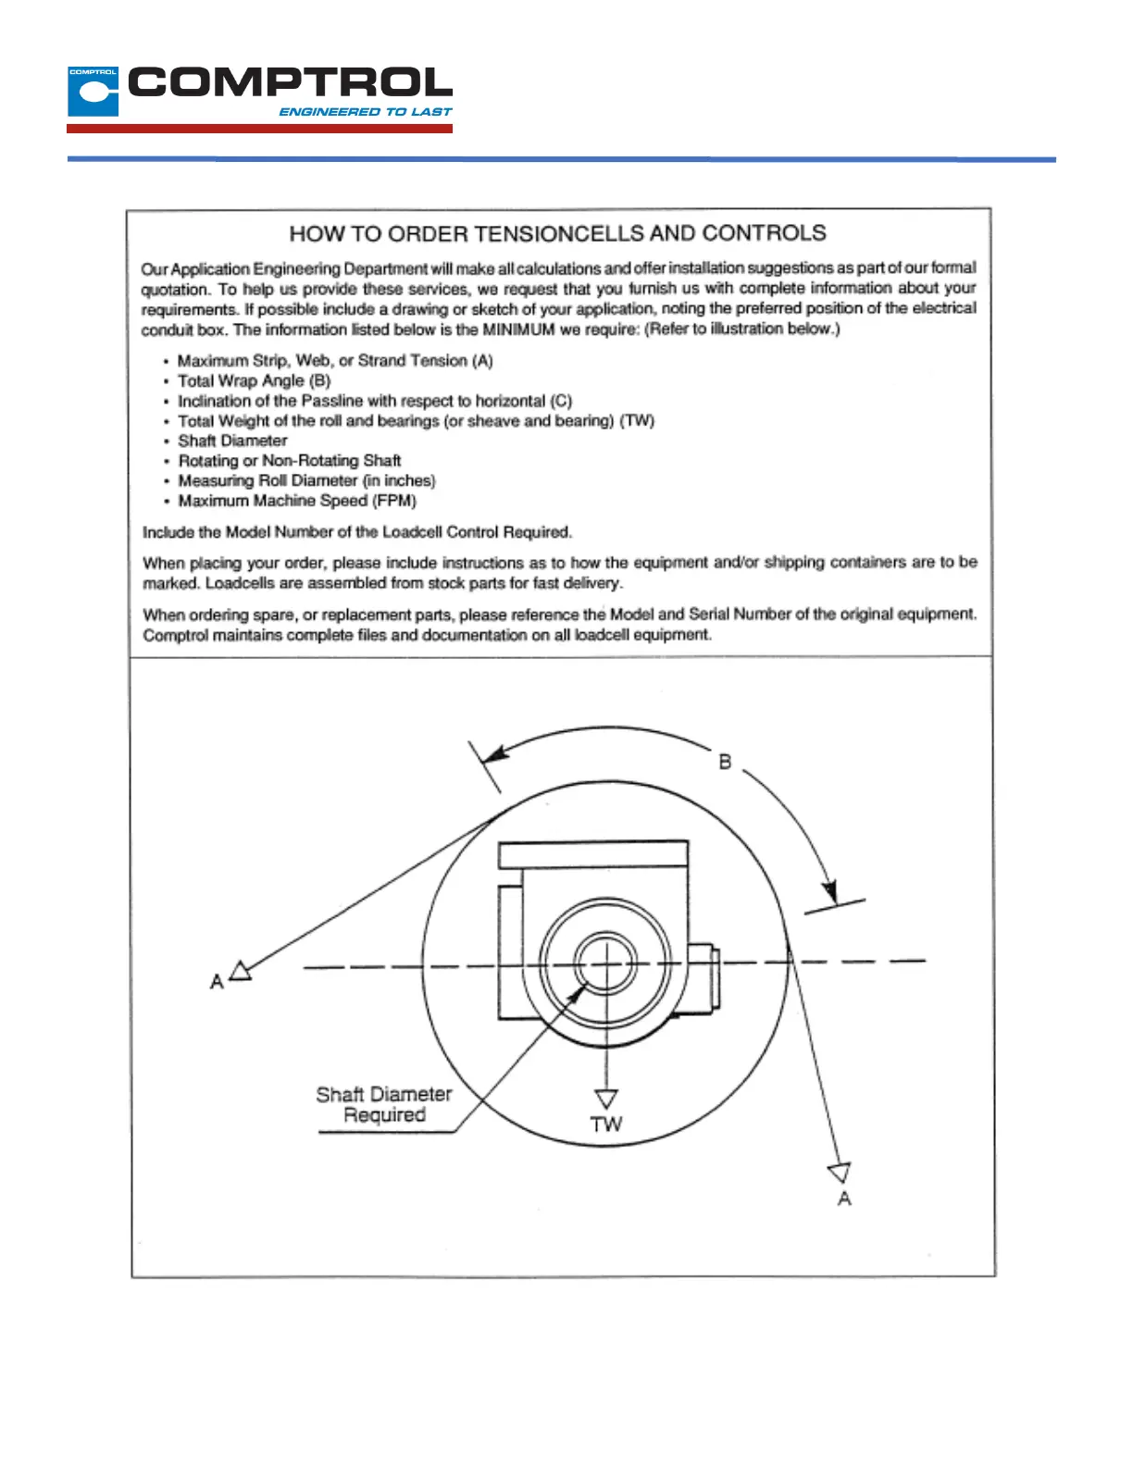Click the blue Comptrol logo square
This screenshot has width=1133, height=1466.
[93, 92]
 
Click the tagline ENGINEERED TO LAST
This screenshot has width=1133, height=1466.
[365, 112]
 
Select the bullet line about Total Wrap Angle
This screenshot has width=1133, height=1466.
[254, 380]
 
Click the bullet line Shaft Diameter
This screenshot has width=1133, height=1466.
[232, 441]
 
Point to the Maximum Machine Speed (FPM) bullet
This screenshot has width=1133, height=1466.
[297, 501]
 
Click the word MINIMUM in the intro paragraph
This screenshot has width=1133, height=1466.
[518, 329]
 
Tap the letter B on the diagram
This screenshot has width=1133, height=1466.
[725, 762]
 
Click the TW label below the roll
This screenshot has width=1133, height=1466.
[606, 1124]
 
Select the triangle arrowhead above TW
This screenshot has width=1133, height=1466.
[606, 1099]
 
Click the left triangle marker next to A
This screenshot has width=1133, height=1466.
[241, 971]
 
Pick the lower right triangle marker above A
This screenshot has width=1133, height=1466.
[840, 1173]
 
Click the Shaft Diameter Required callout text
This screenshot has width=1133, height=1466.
[384, 1104]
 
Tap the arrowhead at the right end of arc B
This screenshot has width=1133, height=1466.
[830, 890]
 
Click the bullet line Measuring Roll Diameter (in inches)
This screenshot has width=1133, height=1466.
[306, 480]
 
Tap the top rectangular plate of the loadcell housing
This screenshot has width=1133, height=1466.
[593, 854]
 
